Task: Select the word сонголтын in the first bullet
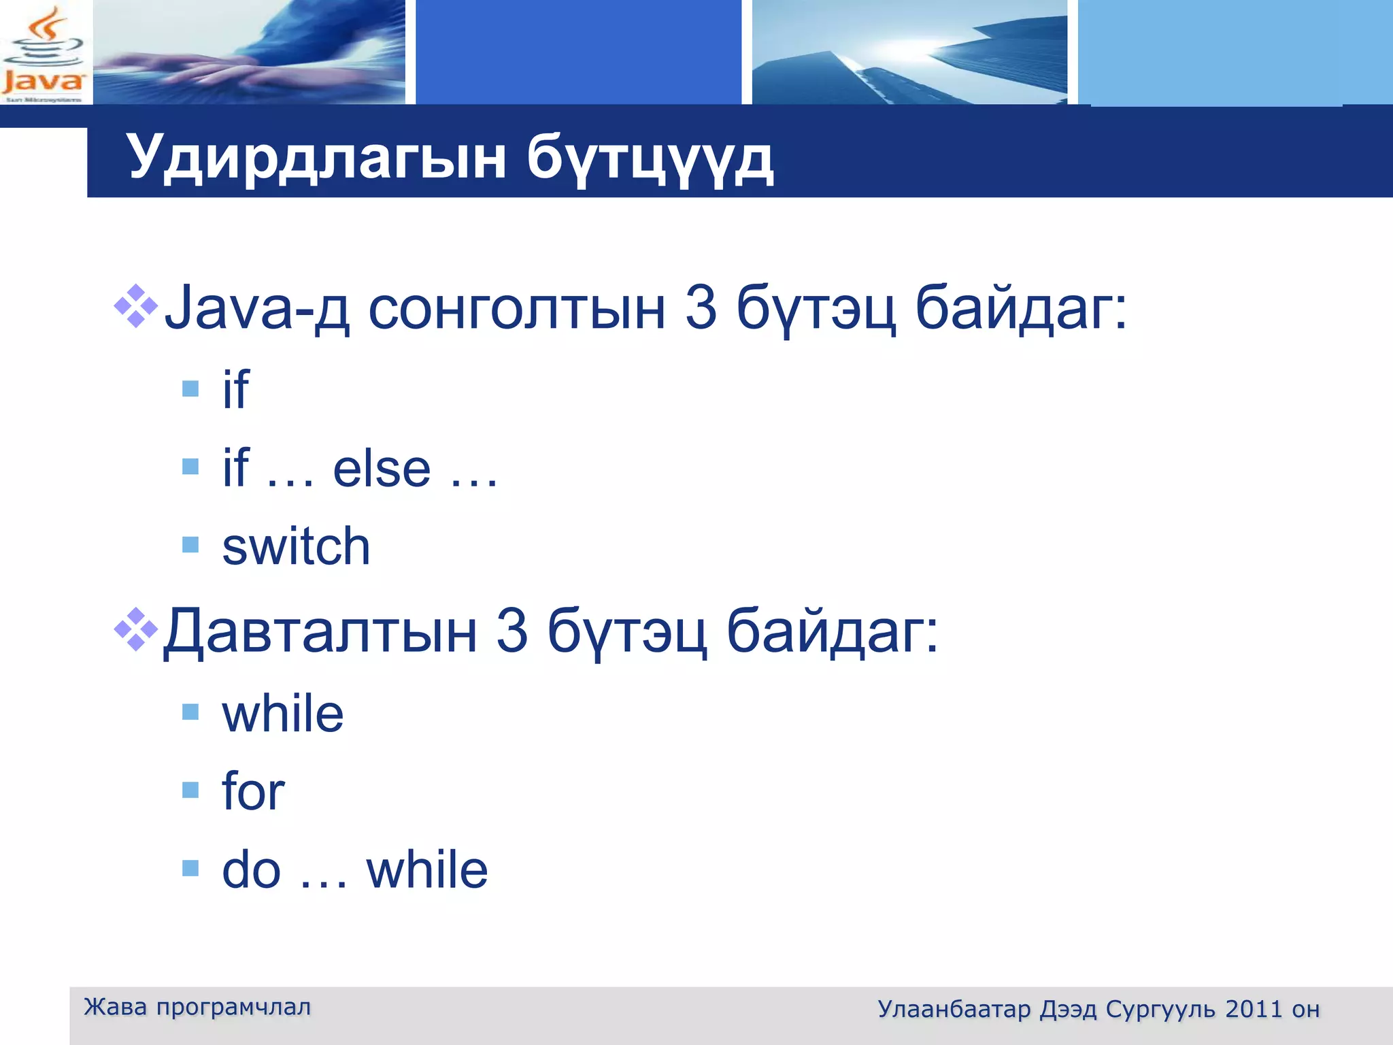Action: tap(516, 310)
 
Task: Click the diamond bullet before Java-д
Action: tap(135, 305)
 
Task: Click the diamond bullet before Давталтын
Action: tap(135, 629)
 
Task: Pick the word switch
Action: tap(296, 546)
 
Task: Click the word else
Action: tap(382, 469)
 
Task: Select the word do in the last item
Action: tap(251, 869)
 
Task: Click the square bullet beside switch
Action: tap(190, 544)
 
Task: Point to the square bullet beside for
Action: tap(190, 789)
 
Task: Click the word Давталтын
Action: tap(320, 631)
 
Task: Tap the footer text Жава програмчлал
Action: tap(197, 1007)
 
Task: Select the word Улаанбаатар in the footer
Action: tap(954, 1009)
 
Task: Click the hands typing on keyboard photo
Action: tap(249, 52)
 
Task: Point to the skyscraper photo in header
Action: tap(909, 52)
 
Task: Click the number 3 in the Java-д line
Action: tap(701, 308)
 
